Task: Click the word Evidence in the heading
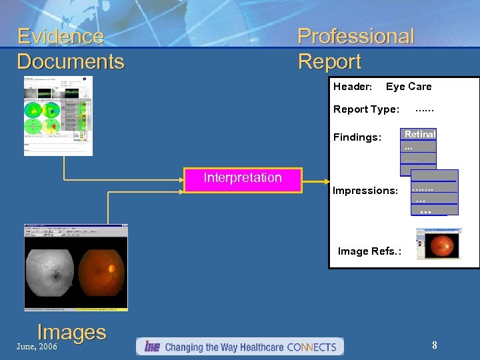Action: (61, 36)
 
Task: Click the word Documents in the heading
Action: (71, 62)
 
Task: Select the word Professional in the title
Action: (355, 36)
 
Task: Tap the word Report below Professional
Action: (329, 62)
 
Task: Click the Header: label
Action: (352, 87)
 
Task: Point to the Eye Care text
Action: (409, 87)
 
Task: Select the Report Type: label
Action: (366, 109)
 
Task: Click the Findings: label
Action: (357, 137)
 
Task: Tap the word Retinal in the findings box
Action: (419, 134)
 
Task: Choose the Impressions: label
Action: (365, 191)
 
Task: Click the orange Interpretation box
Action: (243, 178)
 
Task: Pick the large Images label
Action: (71, 332)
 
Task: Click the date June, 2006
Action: (37, 347)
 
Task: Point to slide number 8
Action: (434, 345)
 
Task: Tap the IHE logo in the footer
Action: (151, 347)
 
